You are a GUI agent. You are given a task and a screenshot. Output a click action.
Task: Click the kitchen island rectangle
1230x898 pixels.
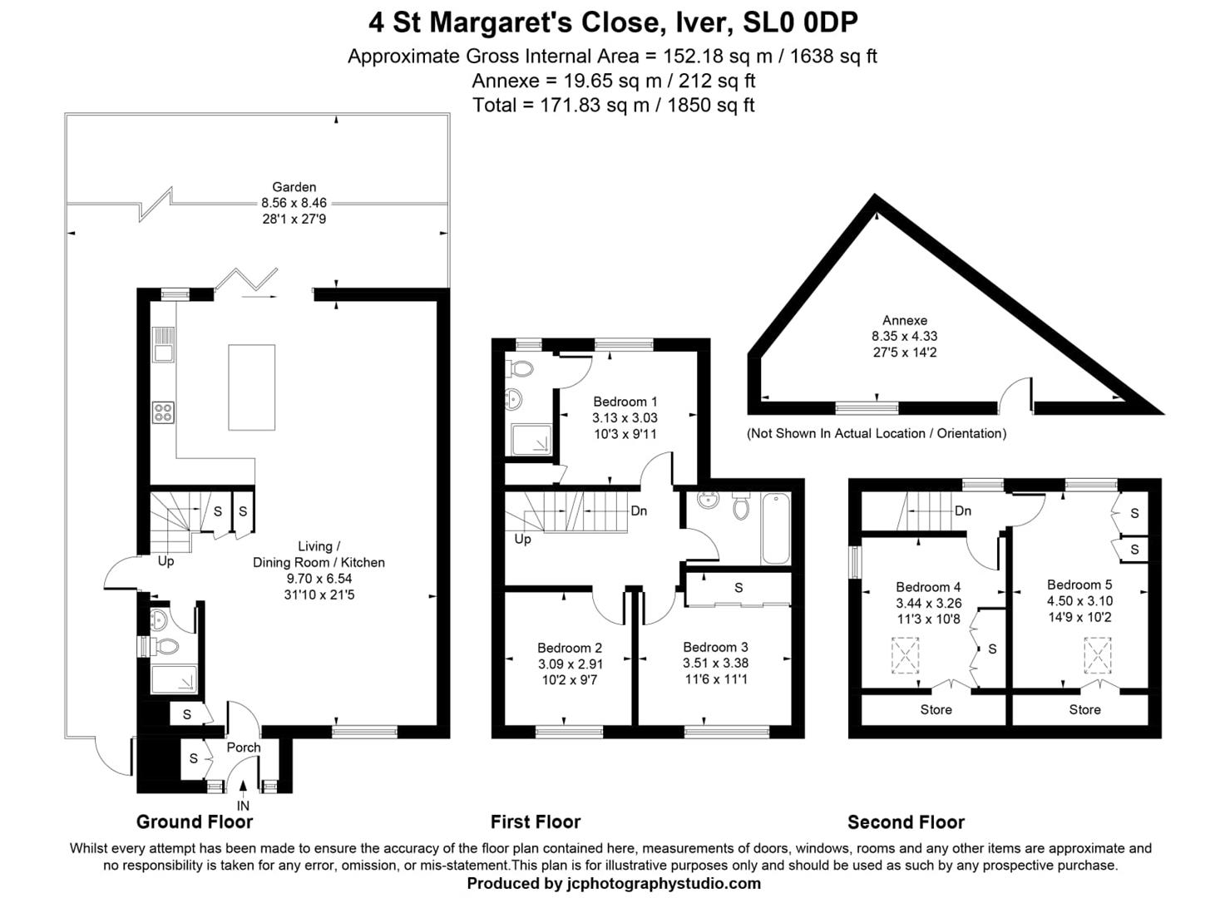[251, 387]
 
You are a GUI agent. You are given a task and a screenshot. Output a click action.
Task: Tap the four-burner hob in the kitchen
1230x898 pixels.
[163, 412]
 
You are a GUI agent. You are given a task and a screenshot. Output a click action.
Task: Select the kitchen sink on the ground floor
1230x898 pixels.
[163, 344]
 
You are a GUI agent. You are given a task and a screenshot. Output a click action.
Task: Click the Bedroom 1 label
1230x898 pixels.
[625, 402]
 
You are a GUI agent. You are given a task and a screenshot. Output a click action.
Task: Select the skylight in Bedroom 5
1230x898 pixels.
[1097, 654]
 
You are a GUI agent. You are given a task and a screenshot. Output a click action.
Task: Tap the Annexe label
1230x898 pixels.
[905, 320]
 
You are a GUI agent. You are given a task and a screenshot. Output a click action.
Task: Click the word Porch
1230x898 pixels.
[244, 748]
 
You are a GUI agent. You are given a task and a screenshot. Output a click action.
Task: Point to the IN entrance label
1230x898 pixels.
[243, 806]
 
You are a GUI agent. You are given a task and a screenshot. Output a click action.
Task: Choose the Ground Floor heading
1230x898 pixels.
[195, 822]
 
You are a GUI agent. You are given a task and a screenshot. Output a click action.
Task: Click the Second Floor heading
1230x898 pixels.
[906, 822]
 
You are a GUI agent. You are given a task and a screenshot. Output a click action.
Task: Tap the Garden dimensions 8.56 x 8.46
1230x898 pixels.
[294, 203]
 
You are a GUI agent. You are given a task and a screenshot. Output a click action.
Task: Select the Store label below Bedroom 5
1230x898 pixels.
[1084, 709]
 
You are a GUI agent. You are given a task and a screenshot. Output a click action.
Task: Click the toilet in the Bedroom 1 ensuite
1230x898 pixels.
[523, 368]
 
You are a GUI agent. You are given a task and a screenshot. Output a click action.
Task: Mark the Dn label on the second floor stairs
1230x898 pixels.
[963, 511]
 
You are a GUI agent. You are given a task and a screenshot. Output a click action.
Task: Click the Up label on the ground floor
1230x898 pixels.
[166, 561]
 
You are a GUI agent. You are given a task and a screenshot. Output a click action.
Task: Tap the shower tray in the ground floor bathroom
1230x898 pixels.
[174, 679]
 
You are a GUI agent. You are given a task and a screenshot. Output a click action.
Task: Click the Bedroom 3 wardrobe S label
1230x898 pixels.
[738, 588]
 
